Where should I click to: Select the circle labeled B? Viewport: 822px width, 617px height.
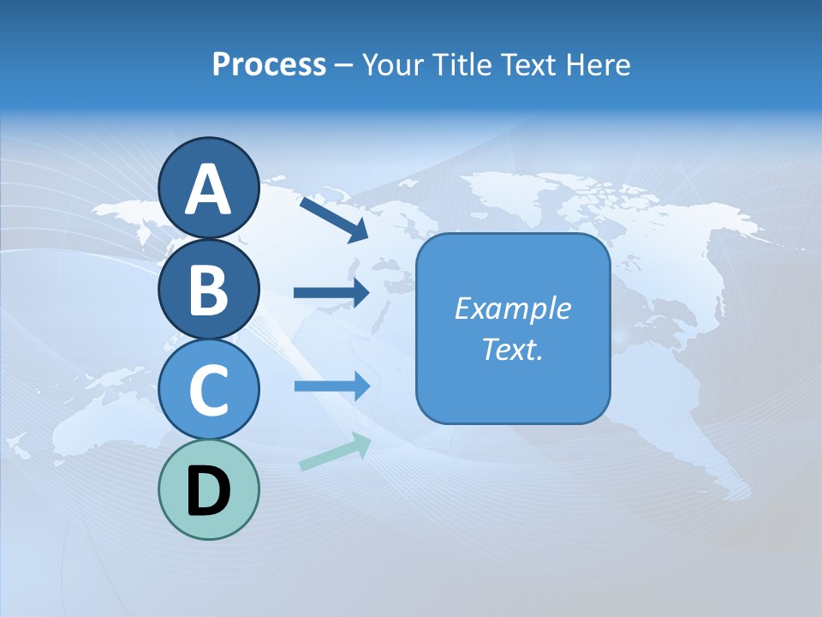coord(208,289)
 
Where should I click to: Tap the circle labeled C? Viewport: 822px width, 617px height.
coord(208,390)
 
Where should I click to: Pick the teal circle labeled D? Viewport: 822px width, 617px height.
coord(208,490)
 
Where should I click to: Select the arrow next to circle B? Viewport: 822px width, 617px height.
coord(331,293)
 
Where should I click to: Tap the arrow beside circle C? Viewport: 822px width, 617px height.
coord(331,386)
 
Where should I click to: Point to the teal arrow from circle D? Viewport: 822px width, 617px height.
coord(335,452)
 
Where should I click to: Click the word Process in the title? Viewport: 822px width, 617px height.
coord(269,64)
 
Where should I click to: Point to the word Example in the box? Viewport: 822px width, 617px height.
coord(512,308)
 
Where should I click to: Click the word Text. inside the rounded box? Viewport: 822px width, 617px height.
coord(512,349)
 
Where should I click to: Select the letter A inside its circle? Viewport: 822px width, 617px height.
coord(208,190)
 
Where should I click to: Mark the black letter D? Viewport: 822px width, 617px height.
coord(208,492)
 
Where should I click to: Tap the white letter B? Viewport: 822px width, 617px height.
coord(208,291)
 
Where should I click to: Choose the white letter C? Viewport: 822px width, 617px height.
coord(208,391)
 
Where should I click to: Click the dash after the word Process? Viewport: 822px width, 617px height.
coord(344,65)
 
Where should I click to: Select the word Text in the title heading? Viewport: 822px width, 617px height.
coord(527,64)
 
